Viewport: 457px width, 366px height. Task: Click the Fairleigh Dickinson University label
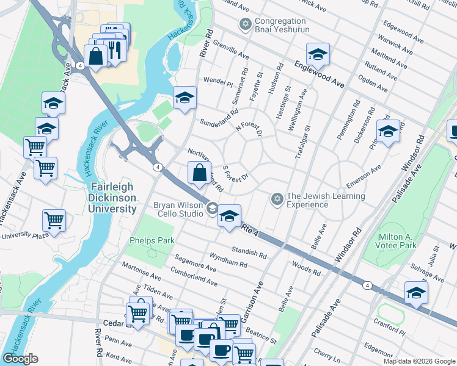tap(113, 198)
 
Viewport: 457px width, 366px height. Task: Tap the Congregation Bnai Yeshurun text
tap(282, 25)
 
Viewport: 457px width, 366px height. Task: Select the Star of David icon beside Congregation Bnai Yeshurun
tap(246, 24)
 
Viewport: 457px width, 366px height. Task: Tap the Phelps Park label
tap(152, 240)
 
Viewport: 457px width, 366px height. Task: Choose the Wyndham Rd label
tap(228, 260)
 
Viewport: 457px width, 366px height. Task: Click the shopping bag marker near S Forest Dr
tap(199, 173)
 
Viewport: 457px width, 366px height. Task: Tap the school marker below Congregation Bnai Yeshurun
tap(317, 55)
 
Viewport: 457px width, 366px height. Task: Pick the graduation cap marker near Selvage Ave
tap(416, 293)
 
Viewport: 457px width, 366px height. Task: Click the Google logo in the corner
tap(20, 359)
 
